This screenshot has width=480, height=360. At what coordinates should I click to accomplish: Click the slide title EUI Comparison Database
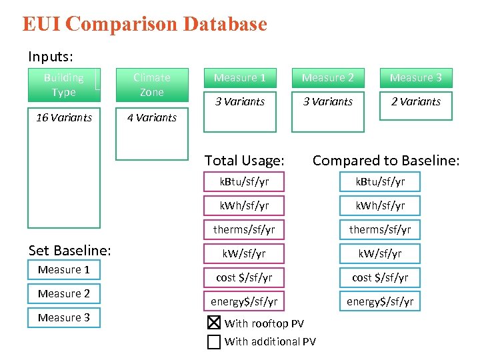pyautogui.click(x=145, y=24)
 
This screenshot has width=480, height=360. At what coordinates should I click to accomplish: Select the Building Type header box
pyautogui.click(x=63, y=85)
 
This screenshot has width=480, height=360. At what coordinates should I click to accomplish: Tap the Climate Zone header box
pyautogui.click(x=152, y=85)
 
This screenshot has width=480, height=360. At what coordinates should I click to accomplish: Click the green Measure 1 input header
pyautogui.click(x=240, y=78)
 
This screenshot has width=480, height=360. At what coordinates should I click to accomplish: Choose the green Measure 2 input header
pyautogui.click(x=328, y=78)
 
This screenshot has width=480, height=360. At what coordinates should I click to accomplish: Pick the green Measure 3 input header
pyautogui.click(x=416, y=78)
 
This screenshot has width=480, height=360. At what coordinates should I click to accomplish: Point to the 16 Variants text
pyautogui.click(x=64, y=117)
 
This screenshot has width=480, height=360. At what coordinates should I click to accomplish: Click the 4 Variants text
pyautogui.click(x=152, y=117)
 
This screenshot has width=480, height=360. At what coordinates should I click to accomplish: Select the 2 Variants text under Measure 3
pyautogui.click(x=416, y=101)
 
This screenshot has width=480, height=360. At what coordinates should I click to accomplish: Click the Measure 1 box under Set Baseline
pyautogui.click(x=64, y=269)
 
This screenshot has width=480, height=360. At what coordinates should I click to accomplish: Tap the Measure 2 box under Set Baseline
pyautogui.click(x=64, y=293)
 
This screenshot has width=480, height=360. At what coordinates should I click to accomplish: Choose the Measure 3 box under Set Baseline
pyautogui.click(x=64, y=317)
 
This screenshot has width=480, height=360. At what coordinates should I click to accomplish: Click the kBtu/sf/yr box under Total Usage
pyautogui.click(x=244, y=181)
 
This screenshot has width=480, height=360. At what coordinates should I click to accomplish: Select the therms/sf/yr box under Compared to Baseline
pyautogui.click(x=380, y=229)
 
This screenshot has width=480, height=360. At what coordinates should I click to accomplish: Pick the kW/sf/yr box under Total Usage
pyautogui.click(x=244, y=253)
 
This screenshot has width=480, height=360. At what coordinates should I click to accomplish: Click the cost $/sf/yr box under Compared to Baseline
pyautogui.click(x=380, y=277)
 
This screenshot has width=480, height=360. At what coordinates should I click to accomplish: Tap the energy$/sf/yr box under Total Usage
pyautogui.click(x=244, y=301)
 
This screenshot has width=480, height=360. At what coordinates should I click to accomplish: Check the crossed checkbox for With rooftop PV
pyautogui.click(x=213, y=323)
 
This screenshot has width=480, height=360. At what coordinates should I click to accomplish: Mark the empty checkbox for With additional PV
pyautogui.click(x=213, y=342)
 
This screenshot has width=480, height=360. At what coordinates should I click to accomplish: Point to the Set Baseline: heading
pyautogui.click(x=69, y=250)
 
